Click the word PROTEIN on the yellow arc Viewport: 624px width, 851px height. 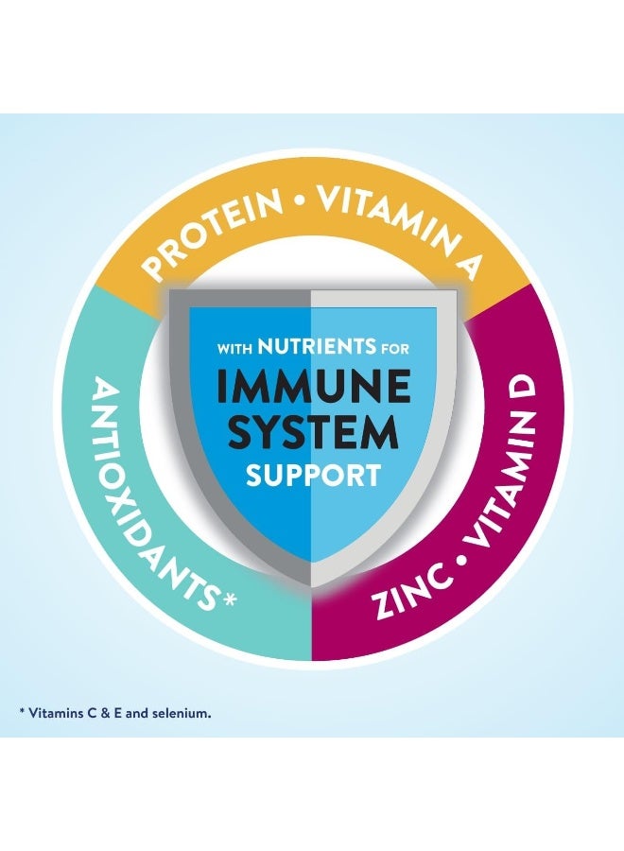pos(213,234)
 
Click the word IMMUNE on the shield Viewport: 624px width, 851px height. pos(314,388)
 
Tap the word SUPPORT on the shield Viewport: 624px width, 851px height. pos(313,476)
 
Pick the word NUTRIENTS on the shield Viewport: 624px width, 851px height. pos(317,346)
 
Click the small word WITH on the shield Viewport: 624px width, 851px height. pos(234,348)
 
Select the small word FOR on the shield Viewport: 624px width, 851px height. pos(395,348)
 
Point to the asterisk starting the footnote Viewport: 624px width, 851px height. pos(22,711)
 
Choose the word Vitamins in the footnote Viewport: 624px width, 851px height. pos(53,713)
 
